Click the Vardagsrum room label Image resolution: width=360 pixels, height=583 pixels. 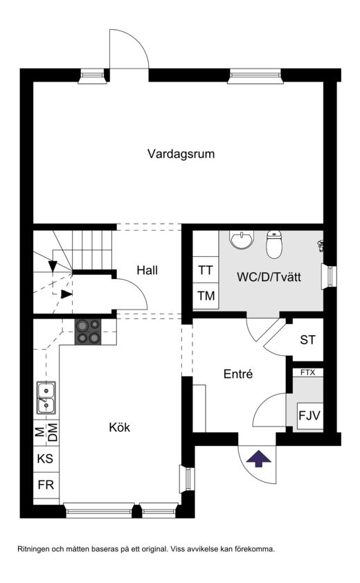tap(181, 154)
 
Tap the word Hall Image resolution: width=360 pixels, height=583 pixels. tap(147, 270)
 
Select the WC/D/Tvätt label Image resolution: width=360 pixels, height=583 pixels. tap(269, 277)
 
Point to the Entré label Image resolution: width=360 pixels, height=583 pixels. tap(238, 374)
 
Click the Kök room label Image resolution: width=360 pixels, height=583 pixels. tap(119, 427)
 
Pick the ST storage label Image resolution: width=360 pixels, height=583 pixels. tap(307, 340)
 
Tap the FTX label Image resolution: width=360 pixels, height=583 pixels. tap(307, 373)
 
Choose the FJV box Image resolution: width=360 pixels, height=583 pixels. tap(310, 415)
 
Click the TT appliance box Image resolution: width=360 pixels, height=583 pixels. tap(206, 270)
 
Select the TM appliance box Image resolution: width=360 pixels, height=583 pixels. tap(206, 296)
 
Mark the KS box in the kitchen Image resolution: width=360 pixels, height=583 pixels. tap(46, 459)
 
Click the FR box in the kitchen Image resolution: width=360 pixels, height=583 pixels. tap(46, 485)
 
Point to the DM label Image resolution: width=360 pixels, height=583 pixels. tap(53, 433)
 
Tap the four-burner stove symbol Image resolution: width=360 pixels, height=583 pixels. tap(88, 332)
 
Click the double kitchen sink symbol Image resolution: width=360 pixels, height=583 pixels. tap(46, 398)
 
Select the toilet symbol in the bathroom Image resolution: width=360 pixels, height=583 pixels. tap(274, 244)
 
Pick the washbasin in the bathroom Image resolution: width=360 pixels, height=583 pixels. tap(242, 240)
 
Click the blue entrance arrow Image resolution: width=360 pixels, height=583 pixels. tap(259, 458)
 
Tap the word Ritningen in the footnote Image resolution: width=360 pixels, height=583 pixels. tap(34, 549)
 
